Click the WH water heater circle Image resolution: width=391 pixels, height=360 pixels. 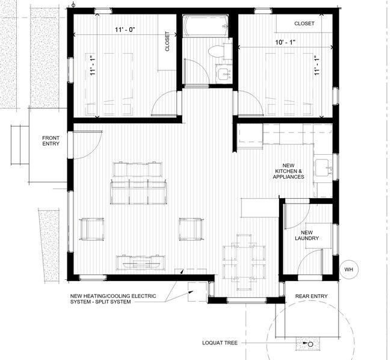[x=348, y=270]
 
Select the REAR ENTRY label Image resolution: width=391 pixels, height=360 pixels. [x=310, y=296]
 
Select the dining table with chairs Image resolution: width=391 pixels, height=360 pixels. [x=244, y=260]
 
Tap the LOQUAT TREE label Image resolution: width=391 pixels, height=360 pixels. [x=220, y=343]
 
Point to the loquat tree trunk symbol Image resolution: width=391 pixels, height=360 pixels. [x=310, y=346]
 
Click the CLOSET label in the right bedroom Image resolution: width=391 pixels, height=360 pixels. [x=304, y=23]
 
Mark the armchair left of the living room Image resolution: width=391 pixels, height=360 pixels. [x=91, y=229]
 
